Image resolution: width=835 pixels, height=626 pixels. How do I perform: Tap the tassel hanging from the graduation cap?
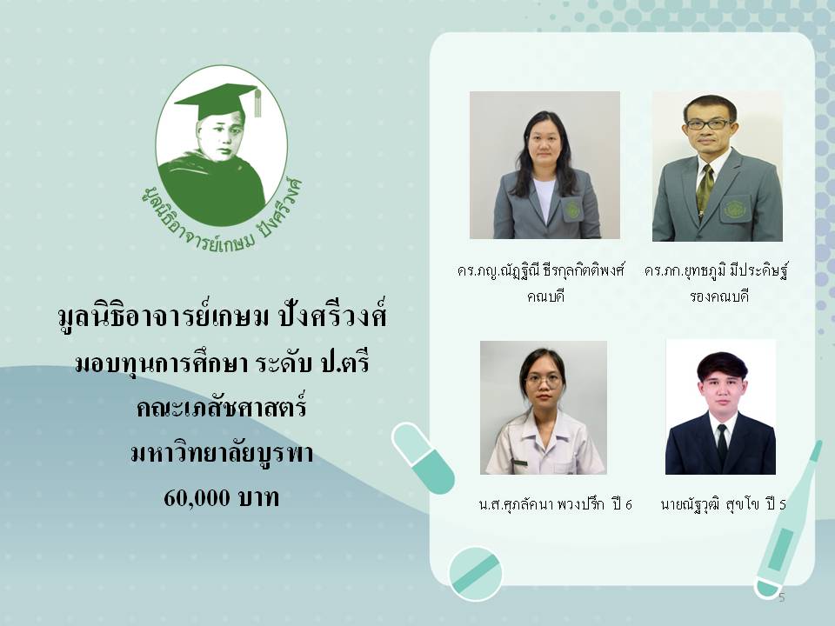point(257,103)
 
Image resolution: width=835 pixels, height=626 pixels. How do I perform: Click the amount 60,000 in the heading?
point(197,498)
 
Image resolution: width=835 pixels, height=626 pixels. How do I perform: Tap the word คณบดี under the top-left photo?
point(545,296)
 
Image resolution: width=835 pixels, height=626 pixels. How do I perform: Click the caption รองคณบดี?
point(719,296)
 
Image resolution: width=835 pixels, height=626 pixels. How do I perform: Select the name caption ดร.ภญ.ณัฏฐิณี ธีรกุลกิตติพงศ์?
point(540,271)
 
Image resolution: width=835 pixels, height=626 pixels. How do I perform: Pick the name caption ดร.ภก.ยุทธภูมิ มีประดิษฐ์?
point(716,271)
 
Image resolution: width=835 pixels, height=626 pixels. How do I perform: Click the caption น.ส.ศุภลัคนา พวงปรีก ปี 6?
point(556,503)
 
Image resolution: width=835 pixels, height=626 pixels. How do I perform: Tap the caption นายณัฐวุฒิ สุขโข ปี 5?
point(723,503)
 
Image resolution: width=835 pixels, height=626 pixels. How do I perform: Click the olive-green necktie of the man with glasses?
point(705,190)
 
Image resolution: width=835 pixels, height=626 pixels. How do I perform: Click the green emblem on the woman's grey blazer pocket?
point(572,208)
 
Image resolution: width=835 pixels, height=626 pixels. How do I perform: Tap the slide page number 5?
point(781,597)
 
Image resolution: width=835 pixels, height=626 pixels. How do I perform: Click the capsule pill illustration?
point(423,458)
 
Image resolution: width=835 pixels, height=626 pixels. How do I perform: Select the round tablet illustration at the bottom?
point(476,574)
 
